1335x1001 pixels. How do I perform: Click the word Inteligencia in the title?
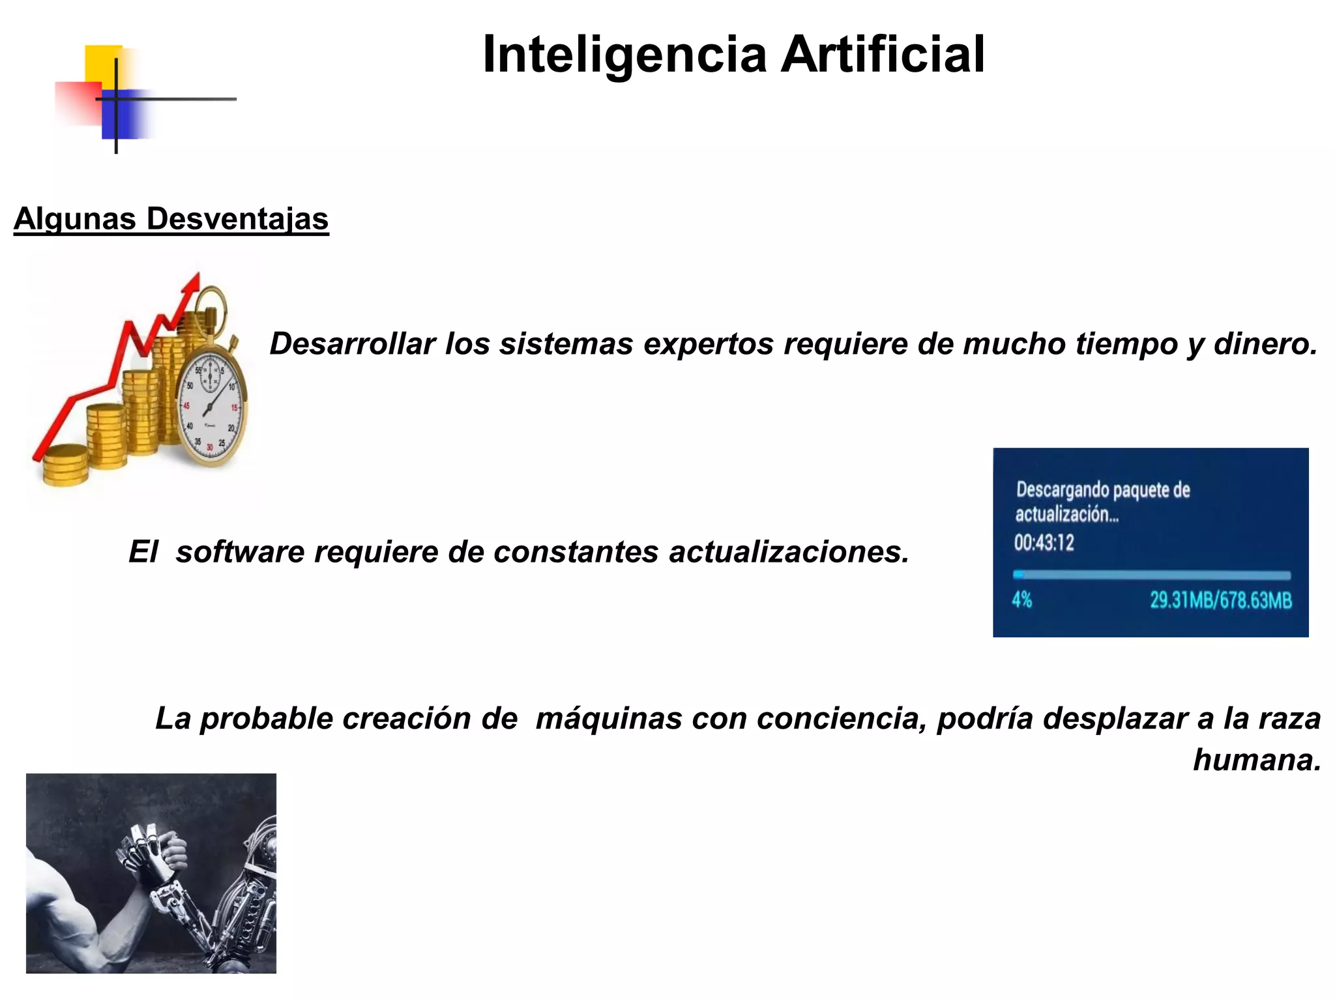point(624,55)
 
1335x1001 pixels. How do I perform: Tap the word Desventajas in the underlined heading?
point(237,219)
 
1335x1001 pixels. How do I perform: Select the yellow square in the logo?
point(103,64)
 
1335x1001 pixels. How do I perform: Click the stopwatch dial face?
point(211,407)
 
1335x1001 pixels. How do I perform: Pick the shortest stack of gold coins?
point(65,464)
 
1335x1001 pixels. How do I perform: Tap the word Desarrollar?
point(352,343)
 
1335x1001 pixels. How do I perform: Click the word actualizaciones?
point(789,552)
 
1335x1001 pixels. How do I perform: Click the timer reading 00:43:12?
point(1044,542)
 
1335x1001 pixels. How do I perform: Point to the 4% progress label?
point(1022,600)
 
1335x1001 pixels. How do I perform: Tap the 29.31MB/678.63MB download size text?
point(1220,600)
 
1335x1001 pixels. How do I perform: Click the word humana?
point(1256,760)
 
